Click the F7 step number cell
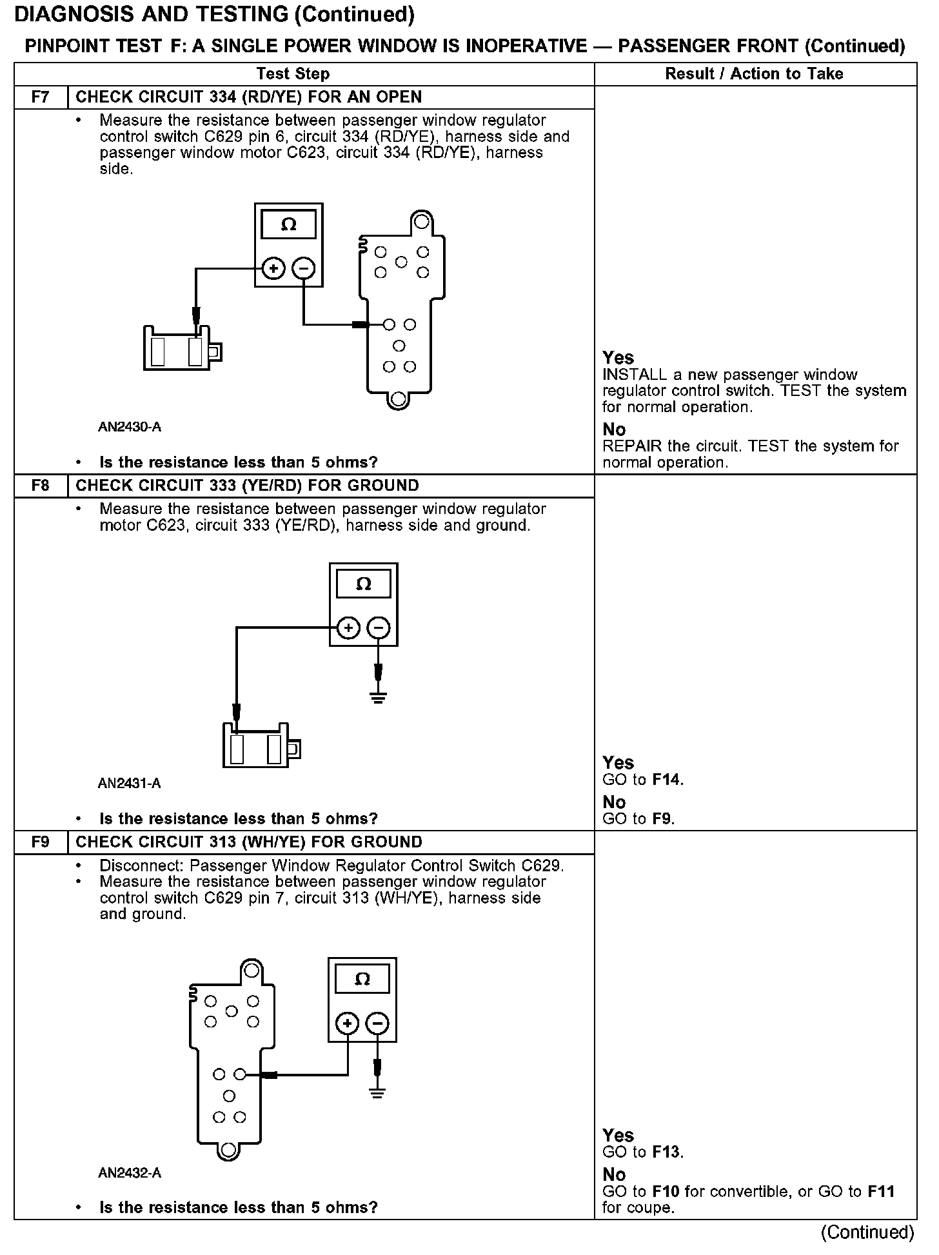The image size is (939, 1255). click(40, 97)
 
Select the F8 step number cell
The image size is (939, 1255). click(40, 486)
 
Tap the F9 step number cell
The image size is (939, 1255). click(40, 842)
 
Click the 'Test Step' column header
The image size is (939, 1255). click(293, 74)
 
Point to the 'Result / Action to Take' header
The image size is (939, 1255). click(754, 74)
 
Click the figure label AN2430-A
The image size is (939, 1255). click(130, 427)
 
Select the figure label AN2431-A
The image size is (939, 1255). click(130, 784)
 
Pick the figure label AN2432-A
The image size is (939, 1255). click(130, 1173)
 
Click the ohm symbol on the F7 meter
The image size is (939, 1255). click(289, 224)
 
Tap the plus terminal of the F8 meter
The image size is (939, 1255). click(348, 627)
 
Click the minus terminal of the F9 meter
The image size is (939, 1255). click(377, 1023)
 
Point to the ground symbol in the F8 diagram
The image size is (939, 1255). click(379, 697)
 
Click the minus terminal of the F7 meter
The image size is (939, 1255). click(304, 268)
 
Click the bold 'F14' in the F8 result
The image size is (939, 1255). click(666, 780)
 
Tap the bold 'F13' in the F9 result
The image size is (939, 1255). click(666, 1152)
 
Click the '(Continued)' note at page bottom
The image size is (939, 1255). click(867, 1232)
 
